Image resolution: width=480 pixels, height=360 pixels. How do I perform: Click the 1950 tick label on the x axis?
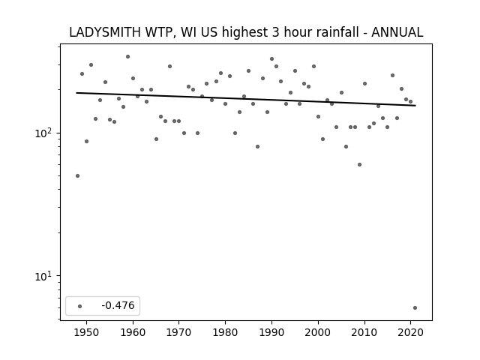[87, 332]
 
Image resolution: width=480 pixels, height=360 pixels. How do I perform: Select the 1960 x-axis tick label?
[133, 332]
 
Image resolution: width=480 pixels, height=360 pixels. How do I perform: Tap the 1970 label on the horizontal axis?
[179, 332]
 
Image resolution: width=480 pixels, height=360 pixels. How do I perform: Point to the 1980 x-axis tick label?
[225, 332]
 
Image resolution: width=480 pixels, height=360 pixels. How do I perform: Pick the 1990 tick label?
[271, 332]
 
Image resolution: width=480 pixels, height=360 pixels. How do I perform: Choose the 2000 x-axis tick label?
[318, 332]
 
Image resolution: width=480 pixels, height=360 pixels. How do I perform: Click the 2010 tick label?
[364, 332]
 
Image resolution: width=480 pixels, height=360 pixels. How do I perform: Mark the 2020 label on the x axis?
[410, 332]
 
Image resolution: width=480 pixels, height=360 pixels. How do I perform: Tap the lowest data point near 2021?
[415, 308]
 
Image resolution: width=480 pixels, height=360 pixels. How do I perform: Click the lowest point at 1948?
[78, 176]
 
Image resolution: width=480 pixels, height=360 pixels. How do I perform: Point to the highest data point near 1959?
[128, 57]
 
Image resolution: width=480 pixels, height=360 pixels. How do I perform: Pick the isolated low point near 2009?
[360, 165]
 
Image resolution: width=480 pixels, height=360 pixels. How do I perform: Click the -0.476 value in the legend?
[118, 305]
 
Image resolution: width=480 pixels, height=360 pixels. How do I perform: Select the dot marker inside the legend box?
[80, 307]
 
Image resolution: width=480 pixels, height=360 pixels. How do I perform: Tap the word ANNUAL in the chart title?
[397, 32]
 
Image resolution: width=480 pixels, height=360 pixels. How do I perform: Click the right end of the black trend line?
[415, 106]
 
